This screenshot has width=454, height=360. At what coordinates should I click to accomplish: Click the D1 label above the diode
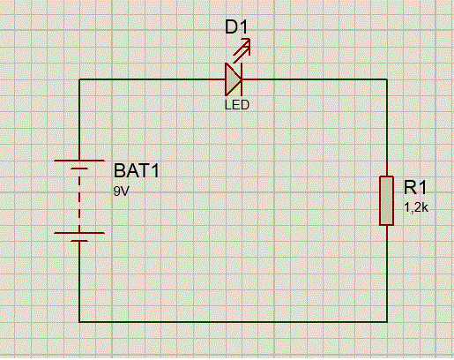[236, 27]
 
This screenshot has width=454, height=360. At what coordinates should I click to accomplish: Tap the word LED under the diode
[237, 105]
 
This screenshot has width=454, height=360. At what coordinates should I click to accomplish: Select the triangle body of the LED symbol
[233, 79]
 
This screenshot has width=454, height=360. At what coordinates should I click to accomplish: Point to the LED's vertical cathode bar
[242, 79]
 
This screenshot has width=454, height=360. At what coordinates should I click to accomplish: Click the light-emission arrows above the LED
[242, 50]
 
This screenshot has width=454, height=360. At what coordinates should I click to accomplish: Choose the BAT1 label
[137, 170]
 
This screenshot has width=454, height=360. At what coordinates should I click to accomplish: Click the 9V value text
[121, 191]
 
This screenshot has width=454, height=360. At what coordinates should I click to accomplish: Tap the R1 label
[415, 187]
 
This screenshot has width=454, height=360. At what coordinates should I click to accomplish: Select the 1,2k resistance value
[416, 208]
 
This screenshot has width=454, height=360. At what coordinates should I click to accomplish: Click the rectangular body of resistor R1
[386, 201]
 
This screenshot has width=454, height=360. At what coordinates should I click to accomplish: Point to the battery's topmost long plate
[79, 161]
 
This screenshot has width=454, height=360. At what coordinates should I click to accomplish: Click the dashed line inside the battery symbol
[79, 200]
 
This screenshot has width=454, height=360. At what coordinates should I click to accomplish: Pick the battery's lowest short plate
[79, 241]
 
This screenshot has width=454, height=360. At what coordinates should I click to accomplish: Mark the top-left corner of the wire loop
[79, 79]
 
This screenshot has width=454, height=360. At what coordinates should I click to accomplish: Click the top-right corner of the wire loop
[387, 79]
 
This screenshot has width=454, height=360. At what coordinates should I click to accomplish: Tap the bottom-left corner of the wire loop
[79, 322]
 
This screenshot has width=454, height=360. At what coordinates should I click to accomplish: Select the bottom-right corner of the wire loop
[387, 322]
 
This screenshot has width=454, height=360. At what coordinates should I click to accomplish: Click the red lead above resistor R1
[387, 169]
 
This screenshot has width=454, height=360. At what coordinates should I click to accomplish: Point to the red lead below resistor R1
[387, 234]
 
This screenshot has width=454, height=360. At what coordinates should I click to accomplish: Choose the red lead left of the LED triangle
[217, 79]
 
